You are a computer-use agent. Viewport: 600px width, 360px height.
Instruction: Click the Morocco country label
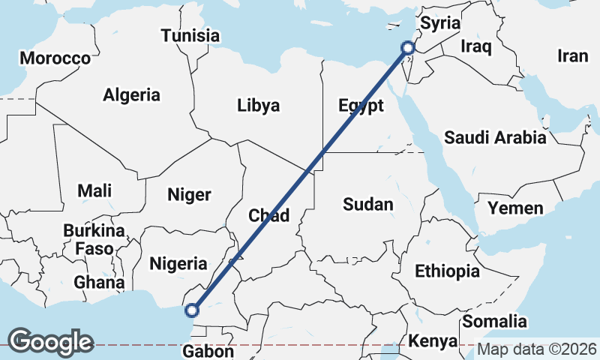point(55,58)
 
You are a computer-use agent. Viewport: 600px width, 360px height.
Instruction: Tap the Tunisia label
point(190,35)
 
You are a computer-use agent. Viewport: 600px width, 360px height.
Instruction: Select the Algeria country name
point(131,95)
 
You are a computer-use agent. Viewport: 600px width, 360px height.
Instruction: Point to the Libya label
point(258,105)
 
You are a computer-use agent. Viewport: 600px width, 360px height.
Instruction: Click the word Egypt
point(361,105)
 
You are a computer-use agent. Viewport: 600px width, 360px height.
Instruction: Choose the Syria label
point(439,23)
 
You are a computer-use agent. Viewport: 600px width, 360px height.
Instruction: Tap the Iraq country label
point(476,47)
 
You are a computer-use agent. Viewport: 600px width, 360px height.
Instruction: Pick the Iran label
point(573,55)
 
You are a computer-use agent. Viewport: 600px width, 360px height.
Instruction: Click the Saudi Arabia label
point(495,137)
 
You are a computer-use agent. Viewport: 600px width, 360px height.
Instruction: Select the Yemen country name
point(515,208)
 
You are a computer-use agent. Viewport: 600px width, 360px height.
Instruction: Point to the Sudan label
point(367,204)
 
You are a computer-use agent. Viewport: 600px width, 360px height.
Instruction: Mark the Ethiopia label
point(447,271)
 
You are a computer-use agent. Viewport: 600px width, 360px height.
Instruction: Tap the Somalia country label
point(496,322)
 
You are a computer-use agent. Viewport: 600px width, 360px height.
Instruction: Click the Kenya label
point(433,341)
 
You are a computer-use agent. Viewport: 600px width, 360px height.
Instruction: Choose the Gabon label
point(208,350)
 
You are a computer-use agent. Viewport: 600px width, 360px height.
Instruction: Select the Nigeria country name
point(178,263)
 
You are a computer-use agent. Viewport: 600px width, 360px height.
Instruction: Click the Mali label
point(94,191)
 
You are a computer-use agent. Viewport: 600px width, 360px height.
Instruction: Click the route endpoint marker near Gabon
point(192,310)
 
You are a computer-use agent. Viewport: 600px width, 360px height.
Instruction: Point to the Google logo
point(51,341)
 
